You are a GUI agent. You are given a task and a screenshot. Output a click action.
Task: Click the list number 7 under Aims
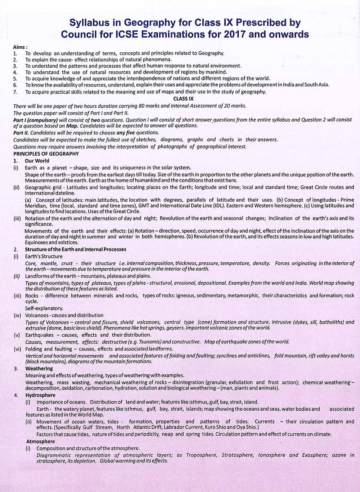[x=15, y=92]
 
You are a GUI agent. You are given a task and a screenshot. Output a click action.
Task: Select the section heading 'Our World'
[x=37, y=161]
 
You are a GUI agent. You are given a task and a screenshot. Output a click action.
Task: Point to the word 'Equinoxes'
[x=37, y=242]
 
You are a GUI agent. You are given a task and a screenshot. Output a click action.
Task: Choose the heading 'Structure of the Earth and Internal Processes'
[x=76, y=249]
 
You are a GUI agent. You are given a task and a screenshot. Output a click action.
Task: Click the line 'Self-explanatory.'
[x=44, y=308]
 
